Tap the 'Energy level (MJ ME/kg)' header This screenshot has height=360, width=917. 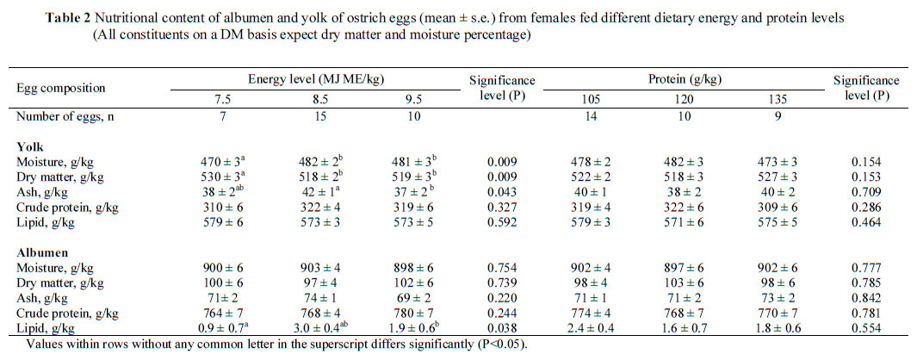pyautogui.click(x=316, y=78)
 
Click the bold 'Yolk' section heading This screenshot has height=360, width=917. pyautogui.click(x=31, y=146)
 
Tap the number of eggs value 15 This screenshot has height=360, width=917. pyautogui.click(x=316, y=116)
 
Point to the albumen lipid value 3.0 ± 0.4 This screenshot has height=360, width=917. pyautogui.click(x=316, y=328)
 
